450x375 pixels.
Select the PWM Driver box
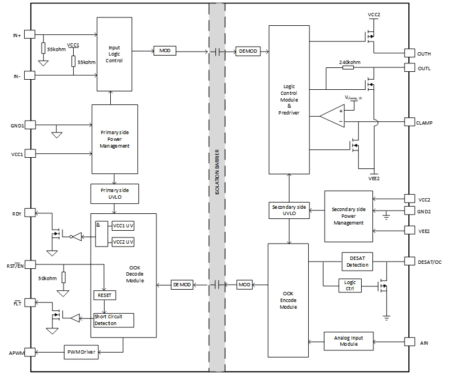(82, 352)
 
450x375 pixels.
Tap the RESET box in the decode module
(104, 295)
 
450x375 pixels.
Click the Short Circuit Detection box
(114, 320)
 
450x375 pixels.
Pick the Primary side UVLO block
(114, 194)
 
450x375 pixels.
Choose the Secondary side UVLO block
(289, 211)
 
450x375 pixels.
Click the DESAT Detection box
(357, 261)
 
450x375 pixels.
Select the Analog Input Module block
(349, 341)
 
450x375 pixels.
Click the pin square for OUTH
(409, 53)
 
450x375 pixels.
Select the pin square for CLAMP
(409, 122)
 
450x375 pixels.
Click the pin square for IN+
(30, 35)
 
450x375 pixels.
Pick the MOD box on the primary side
(165, 51)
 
